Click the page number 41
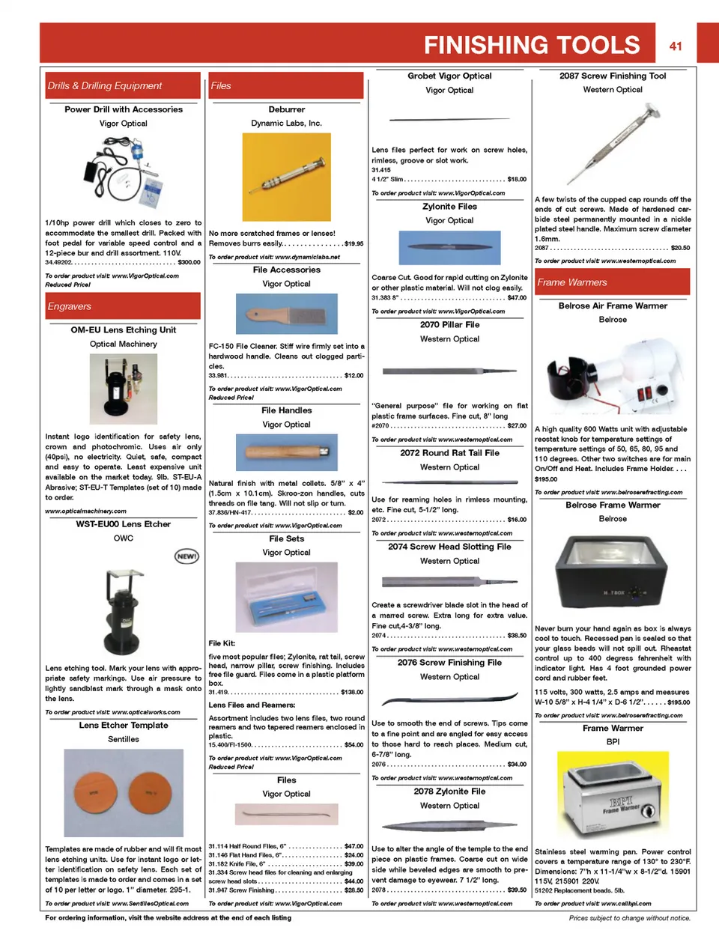[676, 46]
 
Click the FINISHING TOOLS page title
[532, 45]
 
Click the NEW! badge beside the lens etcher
[186, 556]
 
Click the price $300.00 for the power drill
[189, 262]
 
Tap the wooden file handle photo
[287, 452]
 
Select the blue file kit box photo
[287, 597]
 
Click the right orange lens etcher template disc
[152, 792]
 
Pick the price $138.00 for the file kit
[352, 692]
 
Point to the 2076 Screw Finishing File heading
[449, 663]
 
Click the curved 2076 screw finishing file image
[449, 700]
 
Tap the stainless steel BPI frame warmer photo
[613, 802]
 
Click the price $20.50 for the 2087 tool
[680, 248]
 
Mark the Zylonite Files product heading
[449, 207]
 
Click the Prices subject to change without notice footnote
[629, 917]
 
